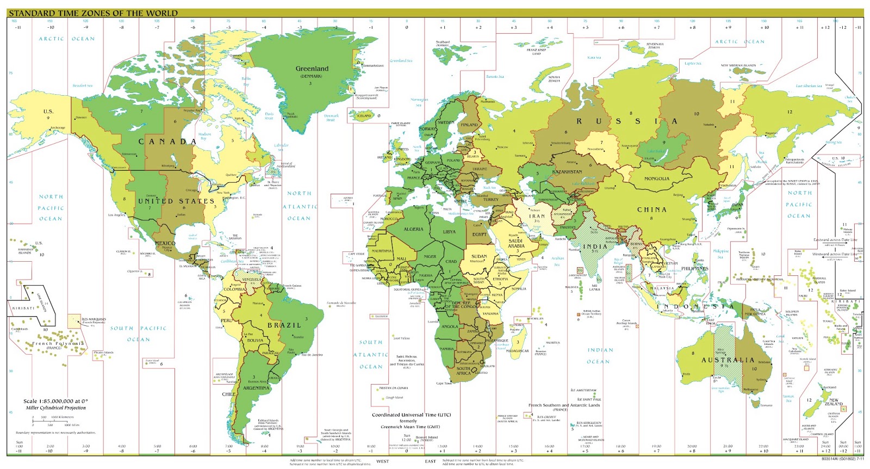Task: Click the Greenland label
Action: [x=312, y=69]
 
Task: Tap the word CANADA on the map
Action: [x=167, y=141]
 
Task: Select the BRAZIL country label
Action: [x=284, y=325]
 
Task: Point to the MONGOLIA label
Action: [x=656, y=178]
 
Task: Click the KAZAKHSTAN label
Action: [x=567, y=172]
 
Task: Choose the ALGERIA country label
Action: [x=413, y=229]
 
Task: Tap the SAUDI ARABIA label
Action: [x=515, y=243]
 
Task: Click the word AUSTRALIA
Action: [x=728, y=360]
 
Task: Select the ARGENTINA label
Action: [x=256, y=388]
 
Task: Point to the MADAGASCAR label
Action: [x=517, y=351]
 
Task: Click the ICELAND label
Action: [x=364, y=115]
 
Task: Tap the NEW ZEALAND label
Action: [x=833, y=402]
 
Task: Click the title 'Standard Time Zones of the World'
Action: [x=93, y=13]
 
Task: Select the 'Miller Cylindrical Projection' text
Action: [x=56, y=408]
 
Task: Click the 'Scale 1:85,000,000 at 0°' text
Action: [x=55, y=401]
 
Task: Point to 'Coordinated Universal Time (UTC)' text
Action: [x=411, y=415]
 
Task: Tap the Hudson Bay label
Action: [x=204, y=136]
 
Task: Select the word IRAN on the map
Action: [x=537, y=216]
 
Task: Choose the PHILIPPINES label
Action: [x=694, y=268]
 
